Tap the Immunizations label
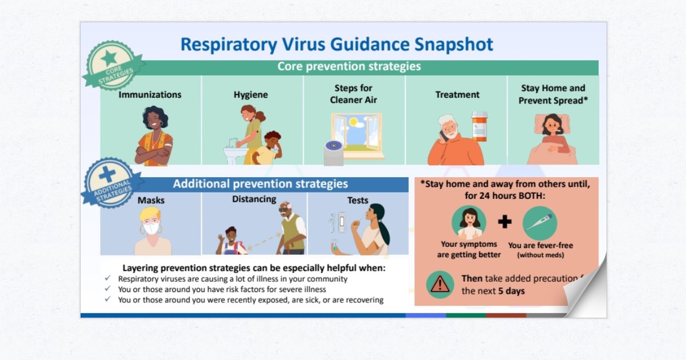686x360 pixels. click(150, 95)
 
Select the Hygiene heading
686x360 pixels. click(250, 95)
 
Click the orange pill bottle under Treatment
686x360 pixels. click(480, 126)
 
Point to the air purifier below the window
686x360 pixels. click(333, 152)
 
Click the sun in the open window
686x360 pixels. click(353, 122)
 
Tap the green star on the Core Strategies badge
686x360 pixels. click(109, 57)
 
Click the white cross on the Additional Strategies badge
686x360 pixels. click(107, 175)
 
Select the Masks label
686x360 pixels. click(151, 201)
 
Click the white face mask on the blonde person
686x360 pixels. click(150, 229)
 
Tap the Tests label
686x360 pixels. click(358, 201)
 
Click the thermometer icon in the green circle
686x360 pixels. click(539, 223)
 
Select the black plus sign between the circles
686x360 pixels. click(504, 222)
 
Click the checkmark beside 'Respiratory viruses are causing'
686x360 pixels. click(108, 279)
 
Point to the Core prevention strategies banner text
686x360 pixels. click(349, 66)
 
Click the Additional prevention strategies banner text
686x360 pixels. click(260, 184)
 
